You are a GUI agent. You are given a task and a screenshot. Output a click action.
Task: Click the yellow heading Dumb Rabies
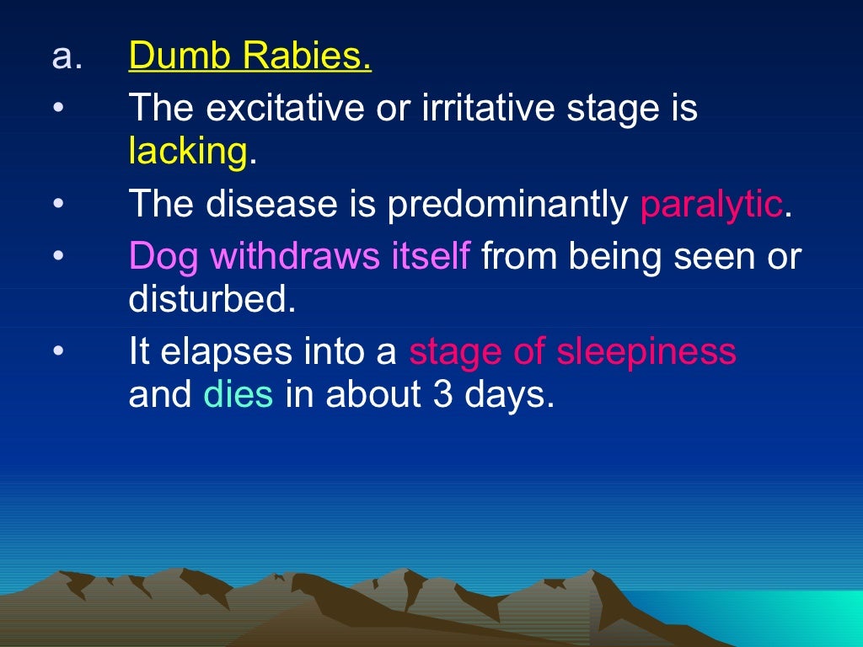pos(249,58)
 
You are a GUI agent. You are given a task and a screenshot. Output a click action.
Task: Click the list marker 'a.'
pos(67,58)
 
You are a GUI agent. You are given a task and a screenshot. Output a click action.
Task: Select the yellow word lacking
pos(187,152)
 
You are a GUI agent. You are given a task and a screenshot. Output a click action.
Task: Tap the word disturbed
pos(212,301)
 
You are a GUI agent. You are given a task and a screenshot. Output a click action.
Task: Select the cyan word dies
pos(239,395)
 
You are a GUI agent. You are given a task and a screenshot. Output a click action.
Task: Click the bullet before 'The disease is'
pos(57,206)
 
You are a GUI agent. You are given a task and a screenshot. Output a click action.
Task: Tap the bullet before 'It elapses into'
pos(57,352)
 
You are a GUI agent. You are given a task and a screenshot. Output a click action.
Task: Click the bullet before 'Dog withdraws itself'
pos(57,258)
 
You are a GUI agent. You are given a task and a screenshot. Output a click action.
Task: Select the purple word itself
pos(430,258)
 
